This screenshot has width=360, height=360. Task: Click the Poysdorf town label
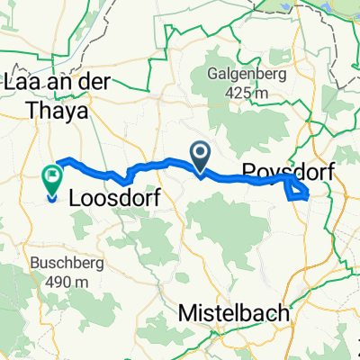coord(295,173)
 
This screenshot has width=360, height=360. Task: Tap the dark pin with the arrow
coord(200,155)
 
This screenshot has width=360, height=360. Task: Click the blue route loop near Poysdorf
coord(297,188)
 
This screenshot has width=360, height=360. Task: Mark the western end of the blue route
coord(57,162)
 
